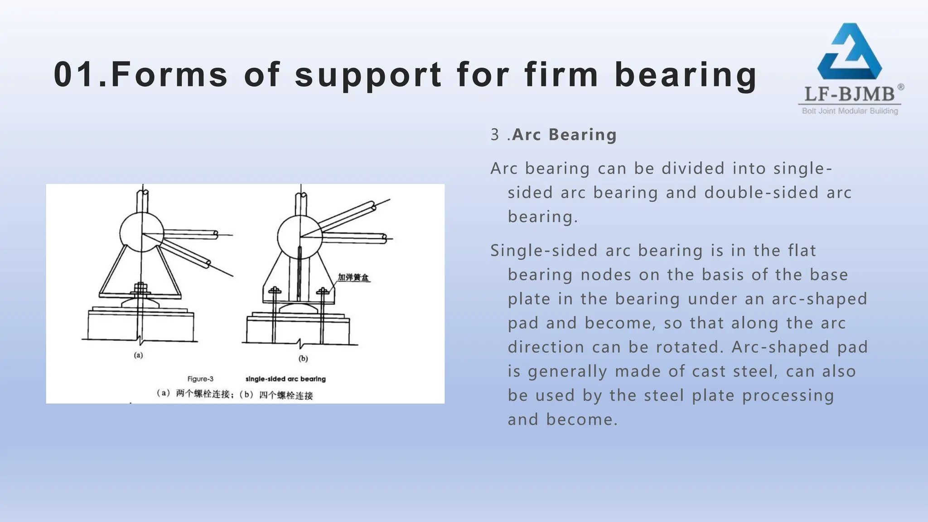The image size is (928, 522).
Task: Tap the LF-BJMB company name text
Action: point(849,94)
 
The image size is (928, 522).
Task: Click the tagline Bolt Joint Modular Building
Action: point(850,111)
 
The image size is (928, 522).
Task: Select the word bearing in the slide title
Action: point(686,75)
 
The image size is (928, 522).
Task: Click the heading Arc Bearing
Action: point(564,135)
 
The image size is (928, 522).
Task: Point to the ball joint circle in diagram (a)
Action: point(142,232)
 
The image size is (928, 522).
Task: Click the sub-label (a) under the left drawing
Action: point(138,355)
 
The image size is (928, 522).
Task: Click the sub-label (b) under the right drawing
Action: point(303,358)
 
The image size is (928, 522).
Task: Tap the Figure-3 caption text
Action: point(200,379)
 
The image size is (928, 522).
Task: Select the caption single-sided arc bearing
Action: point(285,379)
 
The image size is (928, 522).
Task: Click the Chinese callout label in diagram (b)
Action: point(353,277)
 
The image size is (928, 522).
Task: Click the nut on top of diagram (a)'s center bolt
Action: point(141,287)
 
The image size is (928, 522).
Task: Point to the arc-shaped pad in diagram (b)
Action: point(298,308)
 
